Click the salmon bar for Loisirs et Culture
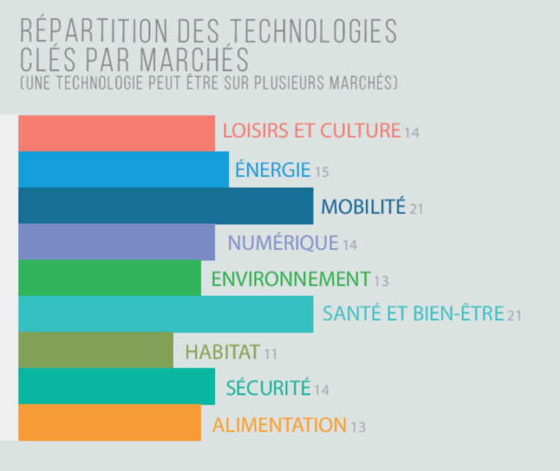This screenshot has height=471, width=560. click(117, 133)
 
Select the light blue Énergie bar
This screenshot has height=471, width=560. click(123, 169)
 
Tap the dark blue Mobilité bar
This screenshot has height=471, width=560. click(166, 206)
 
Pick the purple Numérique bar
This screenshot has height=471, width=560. click(117, 242)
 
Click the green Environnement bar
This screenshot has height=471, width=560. click(109, 278)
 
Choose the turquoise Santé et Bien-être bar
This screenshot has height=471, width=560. click(166, 314)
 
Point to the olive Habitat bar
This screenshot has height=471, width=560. click(96, 351)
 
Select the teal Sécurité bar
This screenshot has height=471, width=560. click(117, 386)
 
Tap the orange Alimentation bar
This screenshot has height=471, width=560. click(109, 423)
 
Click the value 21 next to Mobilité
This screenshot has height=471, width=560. click(416, 209)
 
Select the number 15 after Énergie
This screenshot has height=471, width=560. click(322, 173)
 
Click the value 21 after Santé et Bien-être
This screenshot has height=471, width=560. click(515, 316)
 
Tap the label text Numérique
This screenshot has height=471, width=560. click(283, 243)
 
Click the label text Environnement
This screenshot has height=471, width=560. click(290, 279)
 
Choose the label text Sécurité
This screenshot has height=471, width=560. click(268, 388)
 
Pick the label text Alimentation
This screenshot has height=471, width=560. click(279, 424)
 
